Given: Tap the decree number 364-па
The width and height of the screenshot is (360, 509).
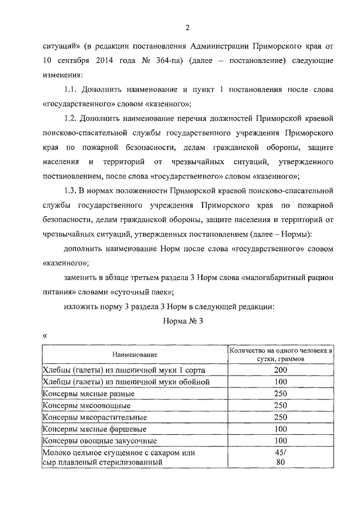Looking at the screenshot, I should tap(183, 60).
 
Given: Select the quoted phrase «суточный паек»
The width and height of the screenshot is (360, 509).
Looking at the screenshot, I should tap(142, 293).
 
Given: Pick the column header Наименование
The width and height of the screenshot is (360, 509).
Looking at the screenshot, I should tap(134, 355).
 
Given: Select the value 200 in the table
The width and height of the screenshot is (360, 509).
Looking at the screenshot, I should tap(281, 370).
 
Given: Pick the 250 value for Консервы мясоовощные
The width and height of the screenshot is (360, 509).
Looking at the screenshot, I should tap(281, 406).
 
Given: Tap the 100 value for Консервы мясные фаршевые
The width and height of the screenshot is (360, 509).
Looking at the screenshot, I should tap(281, 429).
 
